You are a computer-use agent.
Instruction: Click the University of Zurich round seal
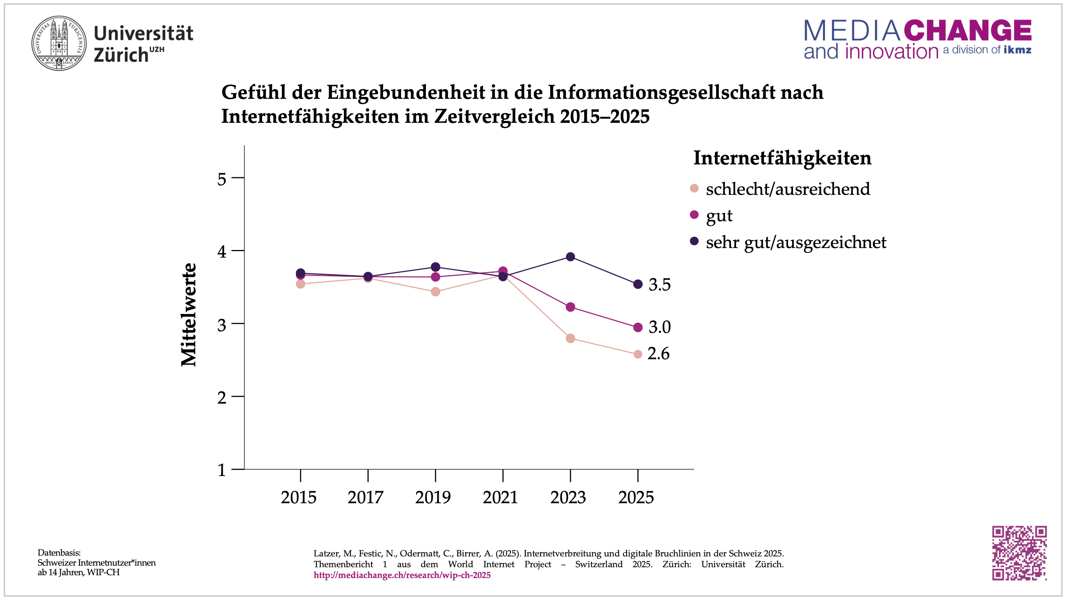coord(59,43)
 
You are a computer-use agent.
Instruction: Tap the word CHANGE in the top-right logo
coord(967,30)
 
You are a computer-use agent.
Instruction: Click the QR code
coord(1019,553)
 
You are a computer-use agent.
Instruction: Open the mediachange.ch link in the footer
coord(402,575)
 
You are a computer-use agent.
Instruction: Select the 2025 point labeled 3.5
coord(638,284)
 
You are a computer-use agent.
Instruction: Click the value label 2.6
coord(658,354)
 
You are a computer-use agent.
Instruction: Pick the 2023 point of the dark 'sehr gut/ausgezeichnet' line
coord(570,257)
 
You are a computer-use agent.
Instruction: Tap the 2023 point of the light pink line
coord(570,339)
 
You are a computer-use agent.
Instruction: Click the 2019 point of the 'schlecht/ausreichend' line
coord(435,292)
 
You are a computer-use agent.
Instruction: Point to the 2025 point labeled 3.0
coord(638,328)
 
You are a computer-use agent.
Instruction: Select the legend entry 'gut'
coord(719,216)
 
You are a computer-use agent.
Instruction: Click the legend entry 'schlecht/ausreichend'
coord(787,189)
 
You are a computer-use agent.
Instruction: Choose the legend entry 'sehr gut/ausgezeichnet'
coord(796,242)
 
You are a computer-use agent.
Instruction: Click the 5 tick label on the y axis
coord(222,179)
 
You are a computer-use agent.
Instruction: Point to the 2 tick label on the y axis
coord(222,398)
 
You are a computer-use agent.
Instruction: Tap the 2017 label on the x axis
coord(365,497)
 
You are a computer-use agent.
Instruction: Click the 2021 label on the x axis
coord(500,497)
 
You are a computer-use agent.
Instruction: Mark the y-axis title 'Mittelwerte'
coord(189,315)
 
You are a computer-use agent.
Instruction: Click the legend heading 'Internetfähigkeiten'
coord(782,158)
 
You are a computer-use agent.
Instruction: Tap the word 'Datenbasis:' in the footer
coord(59,553)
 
